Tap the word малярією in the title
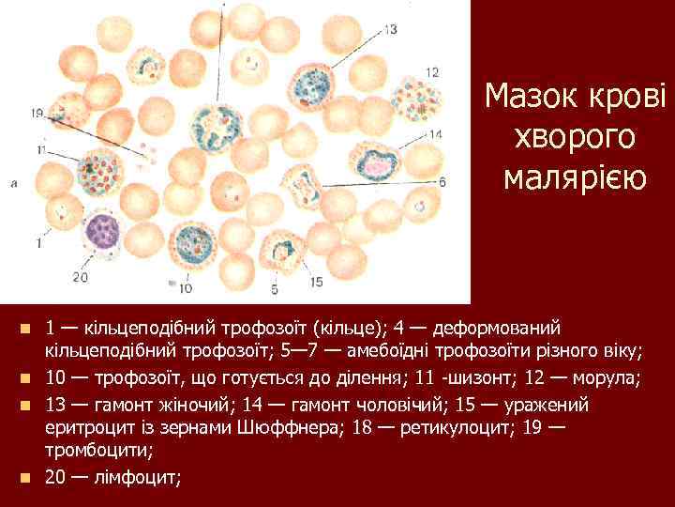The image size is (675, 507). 574,177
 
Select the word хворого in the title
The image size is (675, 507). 574,137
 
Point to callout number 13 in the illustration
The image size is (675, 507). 390,30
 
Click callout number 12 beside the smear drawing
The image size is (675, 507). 431,72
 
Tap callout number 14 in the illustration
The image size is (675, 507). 435,135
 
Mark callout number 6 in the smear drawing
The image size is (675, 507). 442,181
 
